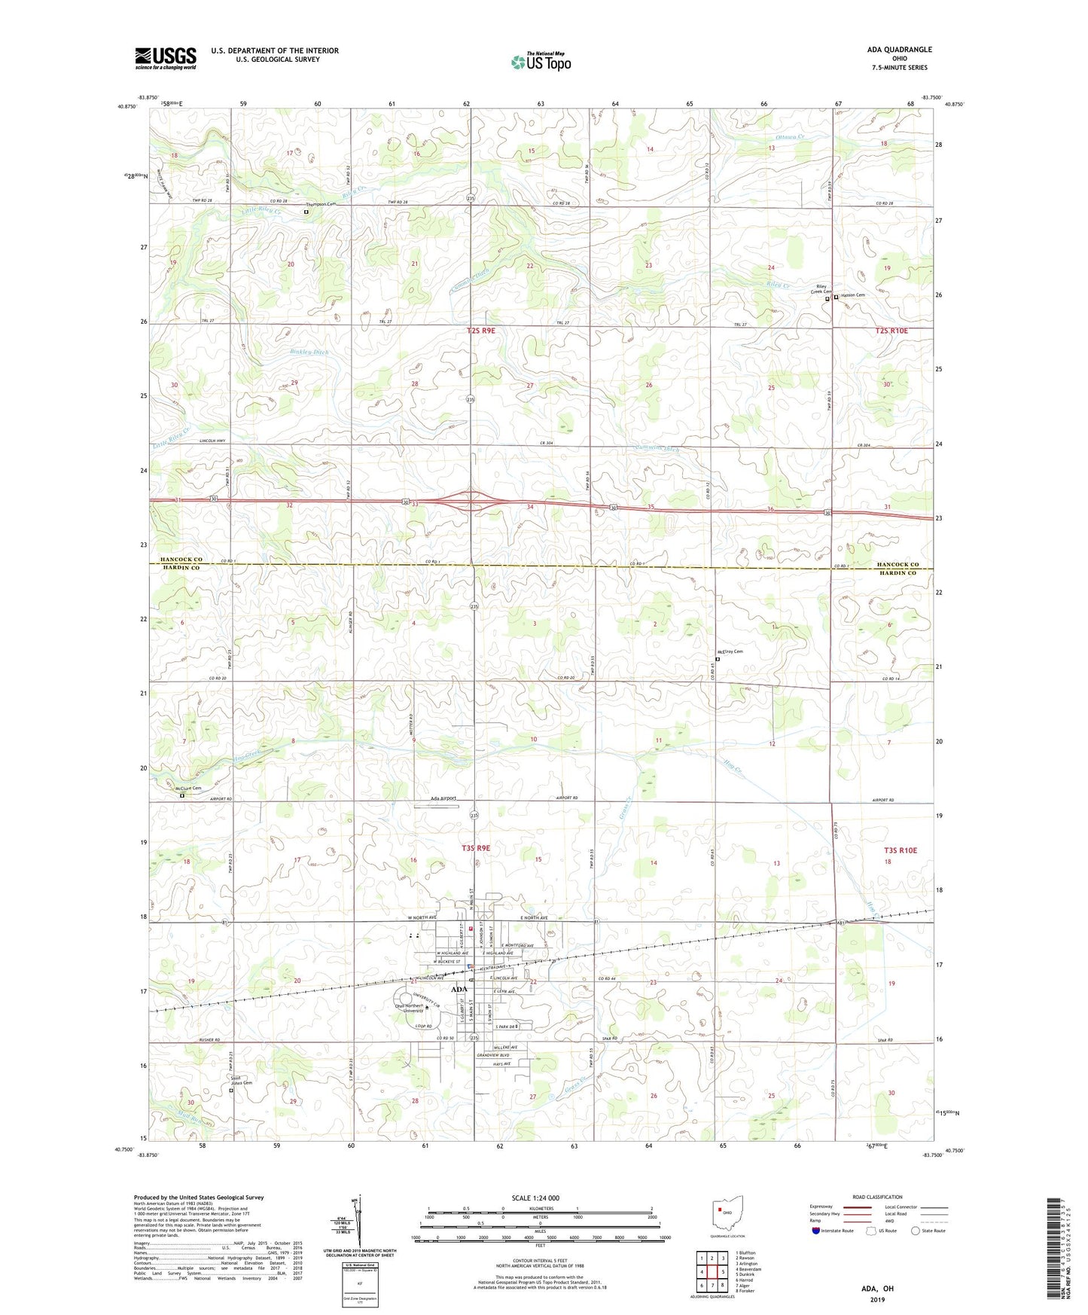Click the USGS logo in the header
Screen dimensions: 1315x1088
pos(165,58)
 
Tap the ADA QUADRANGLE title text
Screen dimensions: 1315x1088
pos(899,50)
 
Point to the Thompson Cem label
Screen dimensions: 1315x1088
pos(319,205)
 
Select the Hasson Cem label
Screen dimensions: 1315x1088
pos(853,295)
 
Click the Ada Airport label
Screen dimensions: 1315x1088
pos(443,798)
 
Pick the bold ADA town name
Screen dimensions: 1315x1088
pos(459,989)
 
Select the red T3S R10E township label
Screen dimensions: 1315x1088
pos(900,850)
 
